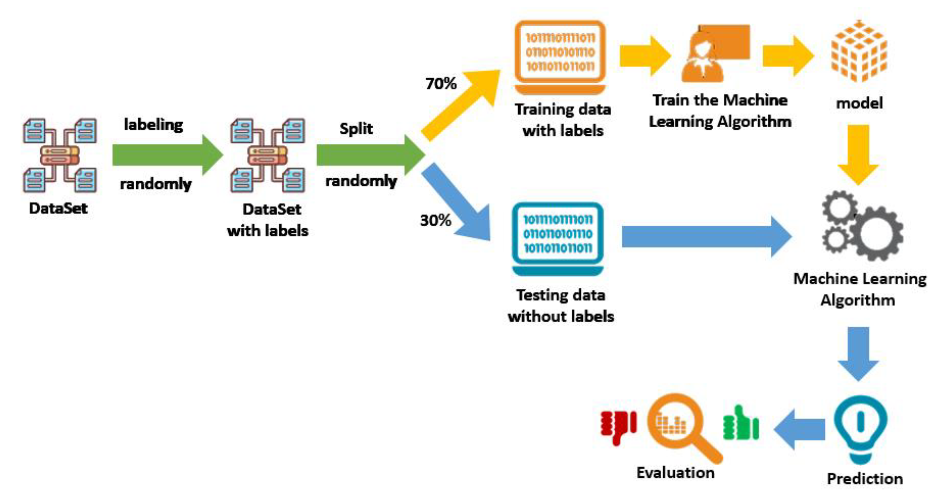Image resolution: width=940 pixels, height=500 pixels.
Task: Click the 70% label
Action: click(x=441, y=84)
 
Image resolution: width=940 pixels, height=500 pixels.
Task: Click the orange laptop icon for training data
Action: click(x=560, y=57)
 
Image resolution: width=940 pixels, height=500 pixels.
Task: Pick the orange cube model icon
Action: click(x=859, y=51)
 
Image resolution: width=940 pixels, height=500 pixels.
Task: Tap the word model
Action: click(x=859, y=103)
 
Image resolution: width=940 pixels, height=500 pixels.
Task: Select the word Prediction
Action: click(x=865, y=479)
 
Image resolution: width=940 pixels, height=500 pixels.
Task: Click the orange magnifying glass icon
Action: click(x=679, y=425)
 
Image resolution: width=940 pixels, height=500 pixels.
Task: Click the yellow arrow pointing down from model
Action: click(x=858, y=153)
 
